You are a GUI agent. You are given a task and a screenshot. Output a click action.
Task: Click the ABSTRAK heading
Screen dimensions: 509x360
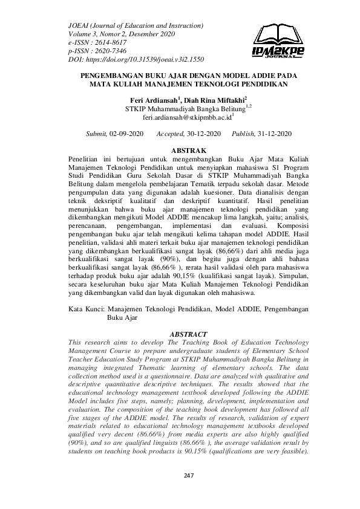tap(180, 149)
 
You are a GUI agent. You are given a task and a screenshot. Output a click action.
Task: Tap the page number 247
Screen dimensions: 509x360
tap(188, 476)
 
